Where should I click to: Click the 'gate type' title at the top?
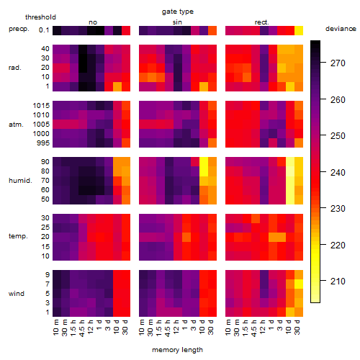(178, 12)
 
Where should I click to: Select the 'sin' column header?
(177, 22)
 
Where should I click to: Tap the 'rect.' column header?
(261, 22)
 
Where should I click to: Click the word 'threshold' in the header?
(40, 17)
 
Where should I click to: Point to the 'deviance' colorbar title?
(341, 29)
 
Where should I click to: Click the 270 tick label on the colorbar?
(338, 63)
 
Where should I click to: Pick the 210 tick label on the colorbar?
(338, 281)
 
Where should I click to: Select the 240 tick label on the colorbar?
(338, 172)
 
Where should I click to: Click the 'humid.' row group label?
(20, 181)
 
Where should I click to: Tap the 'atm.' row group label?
(16, 125)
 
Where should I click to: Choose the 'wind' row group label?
(17, 294)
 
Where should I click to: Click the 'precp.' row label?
(19, 29)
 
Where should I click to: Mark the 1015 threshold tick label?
(41, 106)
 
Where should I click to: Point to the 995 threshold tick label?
(43, 143)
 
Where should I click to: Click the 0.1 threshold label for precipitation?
(44, 30)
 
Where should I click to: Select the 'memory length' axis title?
(177, 350)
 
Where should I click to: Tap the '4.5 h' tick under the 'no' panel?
(82, 328)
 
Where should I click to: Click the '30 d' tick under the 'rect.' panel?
(297, 328)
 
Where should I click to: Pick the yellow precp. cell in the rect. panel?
(299, 30)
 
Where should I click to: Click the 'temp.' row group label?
(18, 236)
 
